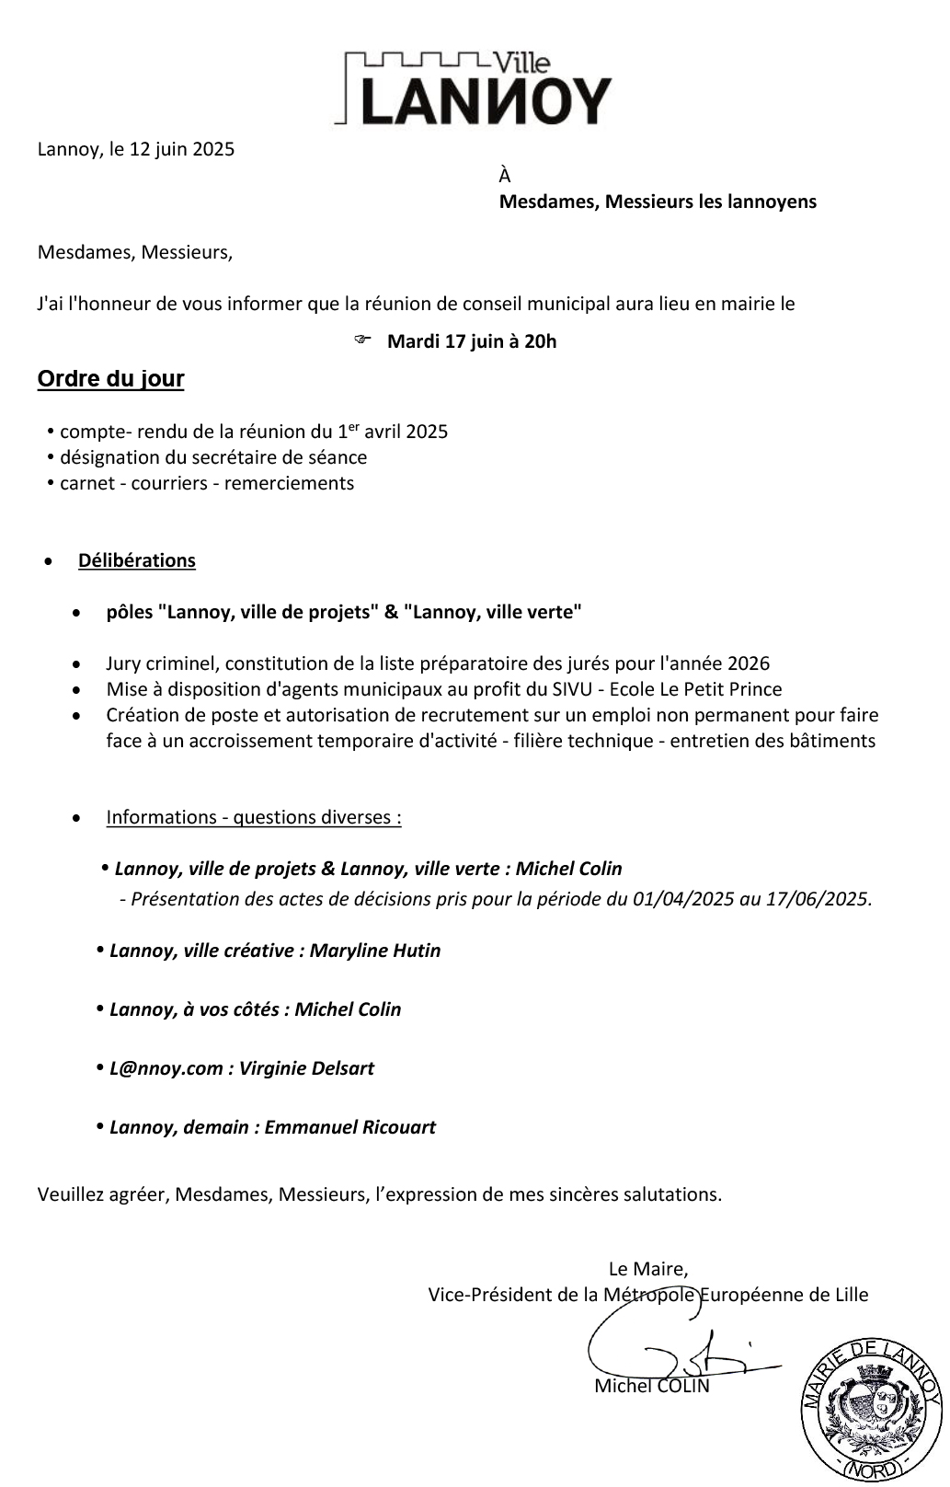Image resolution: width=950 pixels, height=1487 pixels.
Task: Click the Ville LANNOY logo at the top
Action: click(475, 88)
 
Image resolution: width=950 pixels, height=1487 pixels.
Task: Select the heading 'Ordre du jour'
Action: click(110, 379)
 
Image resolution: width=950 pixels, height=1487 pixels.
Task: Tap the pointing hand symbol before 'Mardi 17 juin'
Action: click(361, 340)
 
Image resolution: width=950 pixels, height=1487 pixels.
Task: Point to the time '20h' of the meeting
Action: click(540, 342)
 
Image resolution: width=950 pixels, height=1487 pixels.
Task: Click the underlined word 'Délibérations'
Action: click(137, 560)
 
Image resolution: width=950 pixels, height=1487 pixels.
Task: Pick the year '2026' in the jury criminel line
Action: click(749, 663)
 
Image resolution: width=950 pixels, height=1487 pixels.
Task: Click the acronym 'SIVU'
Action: click(581, 689)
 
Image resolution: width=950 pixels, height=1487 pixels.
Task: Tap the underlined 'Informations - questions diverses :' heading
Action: click(254, 817)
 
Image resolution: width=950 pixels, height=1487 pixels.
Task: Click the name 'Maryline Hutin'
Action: click(375, 951)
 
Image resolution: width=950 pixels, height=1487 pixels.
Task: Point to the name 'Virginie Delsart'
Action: click(307, 1068)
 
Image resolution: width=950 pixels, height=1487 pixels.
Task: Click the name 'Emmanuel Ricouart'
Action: click(350, 1127)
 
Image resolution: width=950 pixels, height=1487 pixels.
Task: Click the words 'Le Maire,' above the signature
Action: click(648, 1269)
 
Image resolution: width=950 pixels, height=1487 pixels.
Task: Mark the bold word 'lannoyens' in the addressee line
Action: click(773, 202)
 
